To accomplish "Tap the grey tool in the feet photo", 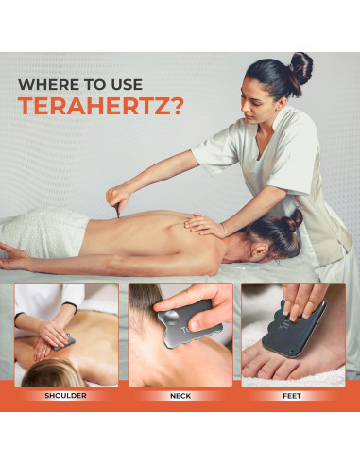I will (300, 331).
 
